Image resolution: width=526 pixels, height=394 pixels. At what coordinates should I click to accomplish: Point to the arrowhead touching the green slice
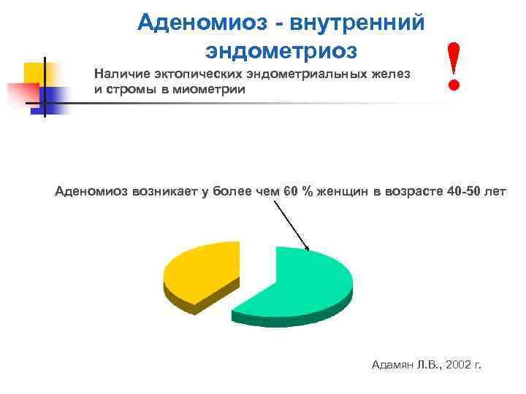click(308, 248)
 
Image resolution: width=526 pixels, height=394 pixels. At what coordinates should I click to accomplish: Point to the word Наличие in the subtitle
click(118, 74)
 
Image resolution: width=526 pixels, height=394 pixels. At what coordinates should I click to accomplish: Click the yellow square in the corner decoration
click(34, 74)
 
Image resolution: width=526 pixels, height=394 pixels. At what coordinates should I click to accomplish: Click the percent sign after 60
click(308, 192)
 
